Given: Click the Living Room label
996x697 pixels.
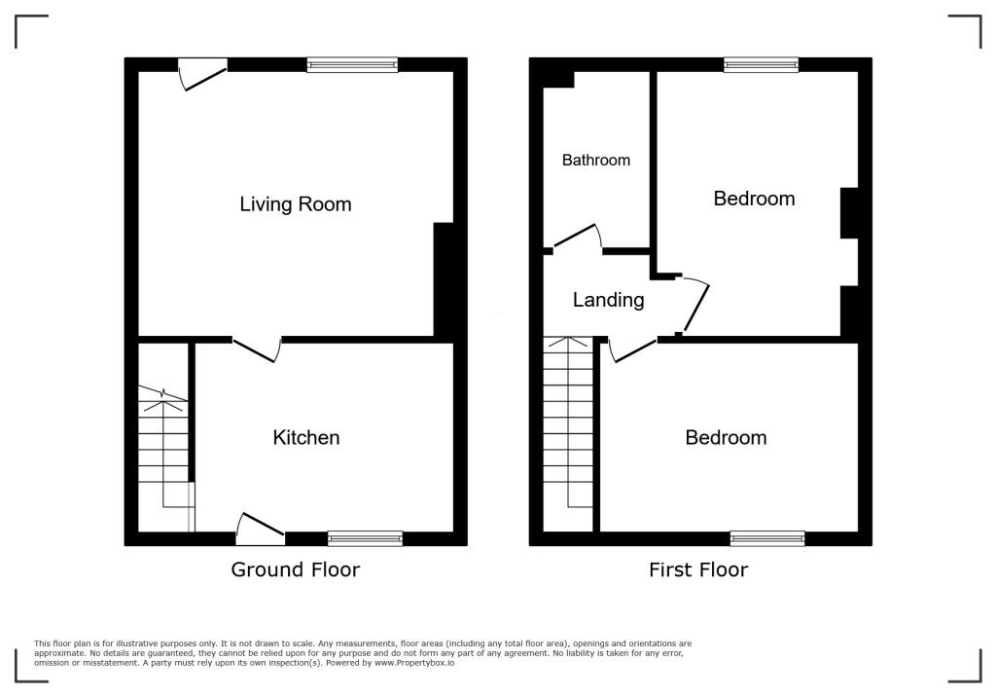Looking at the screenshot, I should coord(295,204).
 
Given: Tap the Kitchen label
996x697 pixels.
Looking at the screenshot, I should coord(306,438).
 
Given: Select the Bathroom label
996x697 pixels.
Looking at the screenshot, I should coord(596,161).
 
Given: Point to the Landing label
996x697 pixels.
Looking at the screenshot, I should coord(608,300).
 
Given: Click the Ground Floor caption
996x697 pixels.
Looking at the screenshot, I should coord(295,569).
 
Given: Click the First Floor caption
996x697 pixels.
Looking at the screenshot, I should coord(698,569).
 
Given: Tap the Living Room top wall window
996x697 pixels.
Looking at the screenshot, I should coord(352,65).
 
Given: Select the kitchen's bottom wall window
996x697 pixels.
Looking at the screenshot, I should coord(365,538).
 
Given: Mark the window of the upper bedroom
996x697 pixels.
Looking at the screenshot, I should coord(761,65).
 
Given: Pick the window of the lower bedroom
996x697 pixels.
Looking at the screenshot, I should coord(767,538).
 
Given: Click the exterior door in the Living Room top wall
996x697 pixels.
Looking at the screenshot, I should coord(203,74).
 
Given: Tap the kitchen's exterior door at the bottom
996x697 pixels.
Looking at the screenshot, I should coord(260,526).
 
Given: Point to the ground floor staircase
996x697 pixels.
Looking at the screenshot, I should coord(163,448).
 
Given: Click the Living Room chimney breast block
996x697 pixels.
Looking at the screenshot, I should coord(444,280).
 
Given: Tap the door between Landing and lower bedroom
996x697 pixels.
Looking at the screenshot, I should coord(632,348).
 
